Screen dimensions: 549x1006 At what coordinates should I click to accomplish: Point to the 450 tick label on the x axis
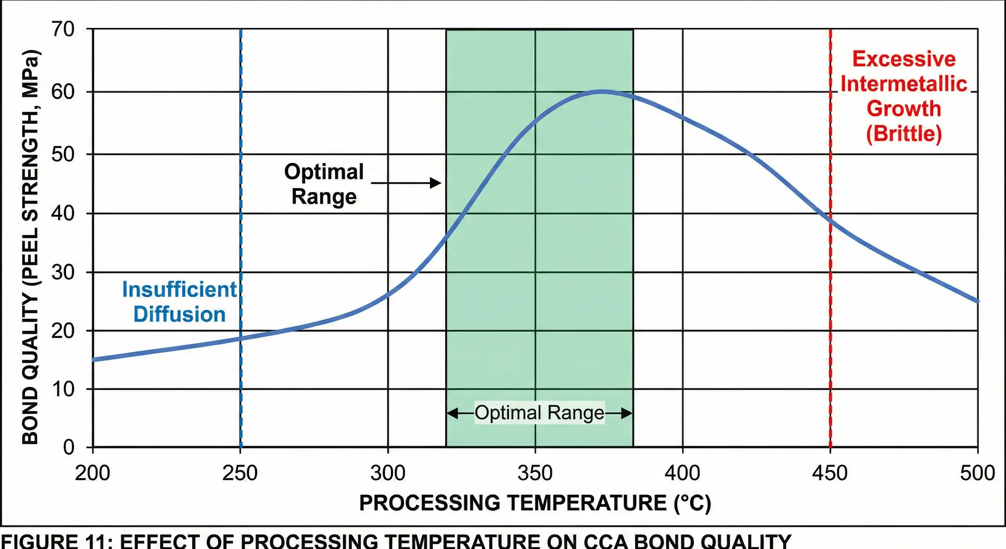830,473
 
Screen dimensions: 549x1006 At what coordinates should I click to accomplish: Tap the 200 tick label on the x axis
93,473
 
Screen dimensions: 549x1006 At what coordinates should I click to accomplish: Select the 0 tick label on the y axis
69,447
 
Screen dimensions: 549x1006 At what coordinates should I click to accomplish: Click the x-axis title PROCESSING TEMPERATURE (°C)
535,503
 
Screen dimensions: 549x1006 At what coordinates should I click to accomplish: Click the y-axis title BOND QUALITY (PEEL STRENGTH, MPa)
30,247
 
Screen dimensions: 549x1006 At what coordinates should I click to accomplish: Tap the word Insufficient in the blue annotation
179,290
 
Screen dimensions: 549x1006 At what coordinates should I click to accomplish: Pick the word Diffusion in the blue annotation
179,315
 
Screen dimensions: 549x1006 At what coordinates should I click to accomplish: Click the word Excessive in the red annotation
904,59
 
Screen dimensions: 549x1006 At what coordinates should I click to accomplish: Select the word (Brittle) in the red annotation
904,134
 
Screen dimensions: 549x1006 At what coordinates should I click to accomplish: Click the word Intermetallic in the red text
904,84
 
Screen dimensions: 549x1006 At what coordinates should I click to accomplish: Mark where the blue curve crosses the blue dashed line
240,338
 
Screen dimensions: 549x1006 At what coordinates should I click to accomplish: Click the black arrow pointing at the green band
406,183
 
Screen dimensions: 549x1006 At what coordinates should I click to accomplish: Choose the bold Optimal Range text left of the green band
324,184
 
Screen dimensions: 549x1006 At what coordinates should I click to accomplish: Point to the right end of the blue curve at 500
976,301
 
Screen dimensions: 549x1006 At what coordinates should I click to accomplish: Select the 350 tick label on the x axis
535,473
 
